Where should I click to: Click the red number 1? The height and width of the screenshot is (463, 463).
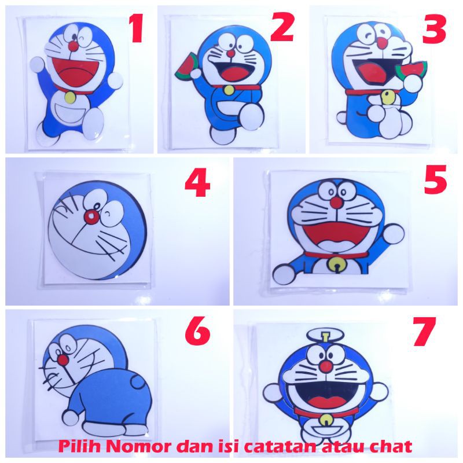pos(137,28)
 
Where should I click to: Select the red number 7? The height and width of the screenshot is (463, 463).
pos(425,331)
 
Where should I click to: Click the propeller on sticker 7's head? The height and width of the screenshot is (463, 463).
pos(326,336)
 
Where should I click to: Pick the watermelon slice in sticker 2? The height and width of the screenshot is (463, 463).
pos(186,67)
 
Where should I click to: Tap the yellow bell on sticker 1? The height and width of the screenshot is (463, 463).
pos(70,97)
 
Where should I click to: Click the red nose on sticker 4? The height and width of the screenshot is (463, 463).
pos(91,216)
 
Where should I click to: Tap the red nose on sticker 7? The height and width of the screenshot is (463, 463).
pos(326,366)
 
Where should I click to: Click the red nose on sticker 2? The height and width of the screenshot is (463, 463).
pos(230,53)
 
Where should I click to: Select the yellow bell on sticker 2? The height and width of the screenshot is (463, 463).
pos(228,90)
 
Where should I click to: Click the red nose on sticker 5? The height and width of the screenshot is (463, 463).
pos(336,202)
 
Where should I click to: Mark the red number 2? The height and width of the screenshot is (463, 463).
pos(282,28)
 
